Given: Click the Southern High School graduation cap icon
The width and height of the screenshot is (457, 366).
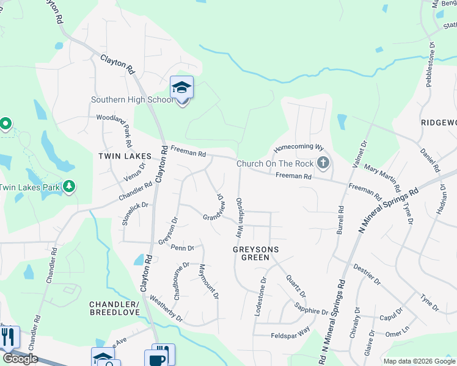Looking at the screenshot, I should pos(181,88).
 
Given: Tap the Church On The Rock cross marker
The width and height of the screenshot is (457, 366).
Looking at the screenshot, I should pos(323,163).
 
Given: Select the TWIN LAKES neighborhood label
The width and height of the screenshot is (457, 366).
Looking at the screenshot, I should pos(125,156).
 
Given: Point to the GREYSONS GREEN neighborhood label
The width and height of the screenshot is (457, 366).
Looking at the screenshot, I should pos(256,253).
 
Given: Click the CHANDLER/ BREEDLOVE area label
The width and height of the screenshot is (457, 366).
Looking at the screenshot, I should pos(115,308).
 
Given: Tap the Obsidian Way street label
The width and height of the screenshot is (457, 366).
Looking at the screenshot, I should pos(241,217).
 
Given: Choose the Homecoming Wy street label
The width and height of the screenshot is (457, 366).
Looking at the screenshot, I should pos(298,148).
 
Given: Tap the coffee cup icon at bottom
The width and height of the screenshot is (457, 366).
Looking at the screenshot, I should pos(158,357).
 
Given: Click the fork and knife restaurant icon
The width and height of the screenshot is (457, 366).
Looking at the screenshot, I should pos(8,337).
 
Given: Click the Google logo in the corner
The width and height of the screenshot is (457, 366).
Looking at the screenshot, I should pos(20,359).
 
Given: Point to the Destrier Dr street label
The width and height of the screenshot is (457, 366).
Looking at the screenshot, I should pos(367,274).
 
